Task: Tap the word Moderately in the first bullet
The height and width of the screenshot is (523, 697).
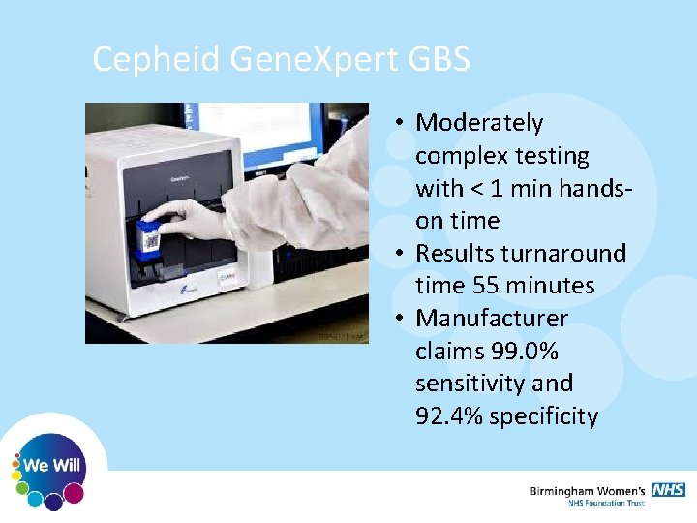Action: point(479,123)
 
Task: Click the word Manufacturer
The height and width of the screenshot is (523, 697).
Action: point(492,319)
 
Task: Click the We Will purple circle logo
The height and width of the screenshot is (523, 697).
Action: point(54,466)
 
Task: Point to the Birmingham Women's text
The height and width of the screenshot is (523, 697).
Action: point(589,490)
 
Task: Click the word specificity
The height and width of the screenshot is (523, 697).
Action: point(544,416)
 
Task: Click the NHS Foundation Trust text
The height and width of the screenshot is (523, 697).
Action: point(605,503)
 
